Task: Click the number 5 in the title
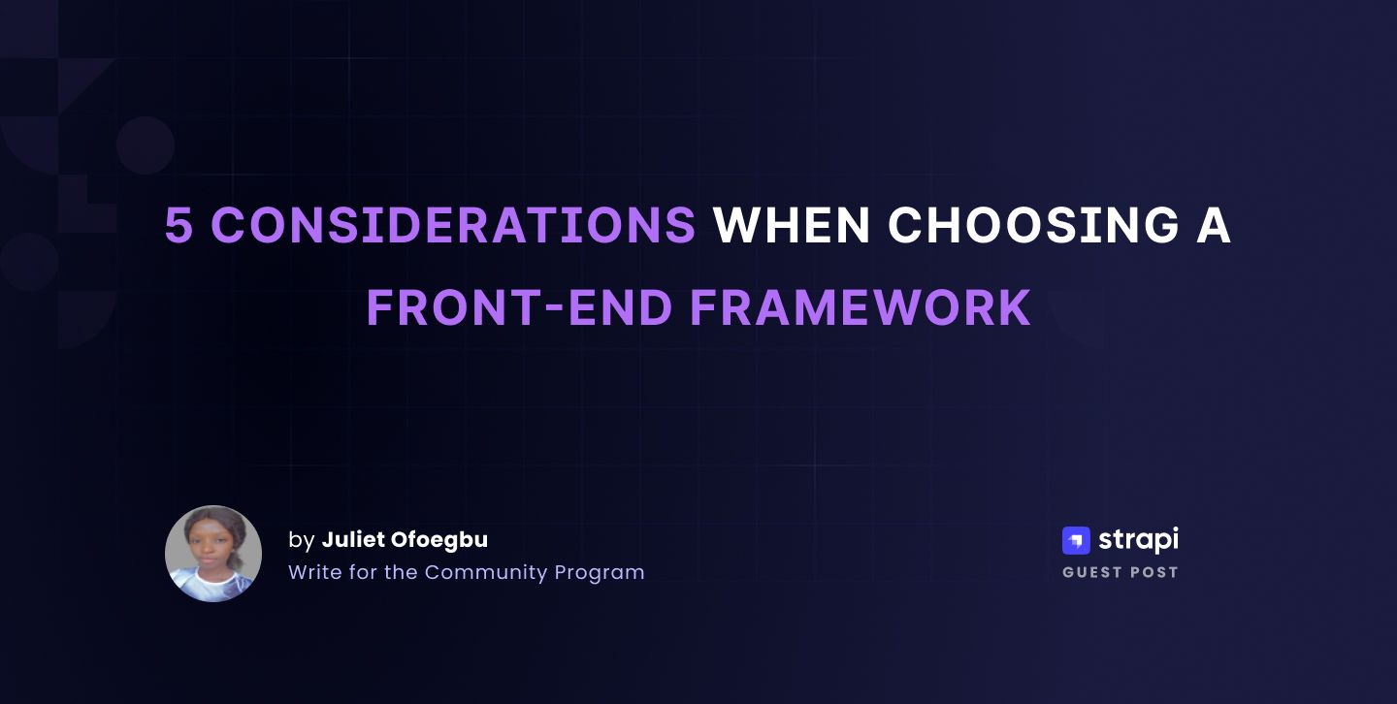coord(179,226)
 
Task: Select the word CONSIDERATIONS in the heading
coord(453,226)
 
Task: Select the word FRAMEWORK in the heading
coord(860,308)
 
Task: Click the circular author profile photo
coord(213,554)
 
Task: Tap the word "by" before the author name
coord(301,540)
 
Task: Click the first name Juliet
coord(353,539)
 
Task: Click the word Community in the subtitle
coord(486,572)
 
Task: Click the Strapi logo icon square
coord(1076,540)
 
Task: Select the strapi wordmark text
coord(1138,540)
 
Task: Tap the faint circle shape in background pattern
coord(146,145)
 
